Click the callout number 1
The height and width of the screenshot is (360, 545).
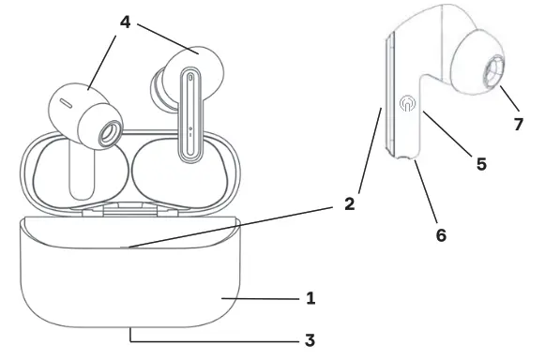(310, 299)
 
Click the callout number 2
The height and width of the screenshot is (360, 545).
(348, 202)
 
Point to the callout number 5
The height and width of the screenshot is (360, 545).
(480, 163)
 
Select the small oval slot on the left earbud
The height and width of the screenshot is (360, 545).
(67, 97)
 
